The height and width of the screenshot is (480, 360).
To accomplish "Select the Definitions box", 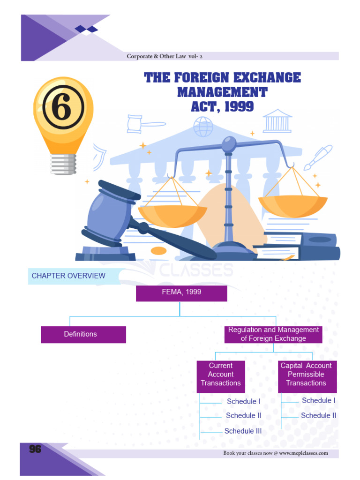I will [83, 334].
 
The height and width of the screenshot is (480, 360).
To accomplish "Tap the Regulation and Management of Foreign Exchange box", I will [273, 334].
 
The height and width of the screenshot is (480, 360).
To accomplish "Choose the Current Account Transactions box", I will [221, 374].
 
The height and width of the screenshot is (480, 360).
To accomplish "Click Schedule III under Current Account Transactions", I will [243, 431].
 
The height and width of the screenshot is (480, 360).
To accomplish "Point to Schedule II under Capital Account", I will [318, 415].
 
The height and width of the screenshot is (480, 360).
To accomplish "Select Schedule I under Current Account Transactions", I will [243, 401].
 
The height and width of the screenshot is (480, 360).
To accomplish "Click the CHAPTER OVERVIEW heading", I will [68, 276].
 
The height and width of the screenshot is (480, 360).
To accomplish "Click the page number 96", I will [35, 449].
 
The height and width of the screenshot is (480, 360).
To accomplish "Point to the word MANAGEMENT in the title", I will [222, 92].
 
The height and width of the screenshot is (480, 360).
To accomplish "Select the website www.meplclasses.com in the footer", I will [303, 453].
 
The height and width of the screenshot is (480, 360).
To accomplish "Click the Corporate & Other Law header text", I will [165, 56].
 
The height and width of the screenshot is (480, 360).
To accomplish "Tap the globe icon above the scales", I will [203, 127].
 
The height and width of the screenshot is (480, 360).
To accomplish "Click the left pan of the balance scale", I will [172, 215].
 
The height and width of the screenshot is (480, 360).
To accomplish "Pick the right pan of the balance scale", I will [293, 205].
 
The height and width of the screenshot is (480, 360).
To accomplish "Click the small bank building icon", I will [277, 121].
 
